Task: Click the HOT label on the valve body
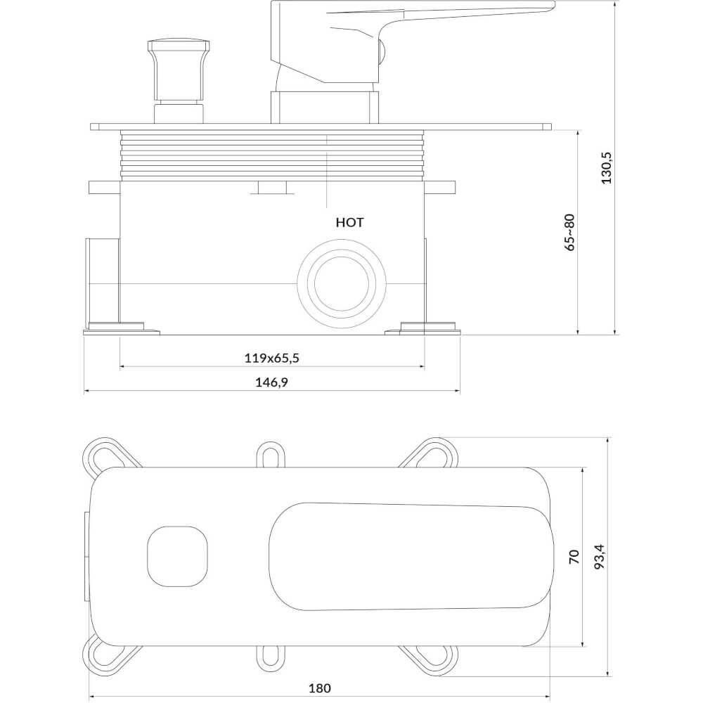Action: click(x=349, y=222)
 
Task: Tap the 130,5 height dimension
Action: click(x=606, y=167)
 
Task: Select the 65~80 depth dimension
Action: click(x=569, y=232)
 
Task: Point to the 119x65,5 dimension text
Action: click(x=271, y=358)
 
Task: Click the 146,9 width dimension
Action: click(x=271, y=382)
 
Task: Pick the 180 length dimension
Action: click(x=320, y=688)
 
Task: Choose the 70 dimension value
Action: click(x=574, y=556)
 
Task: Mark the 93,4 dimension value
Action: click(x=600, y=557)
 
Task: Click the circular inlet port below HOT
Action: click(x=342, y=284)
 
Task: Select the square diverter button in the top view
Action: click(x=178, y=556)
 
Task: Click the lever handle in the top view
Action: click(x=411, y=556)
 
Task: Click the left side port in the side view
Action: click(x=103, y=283)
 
